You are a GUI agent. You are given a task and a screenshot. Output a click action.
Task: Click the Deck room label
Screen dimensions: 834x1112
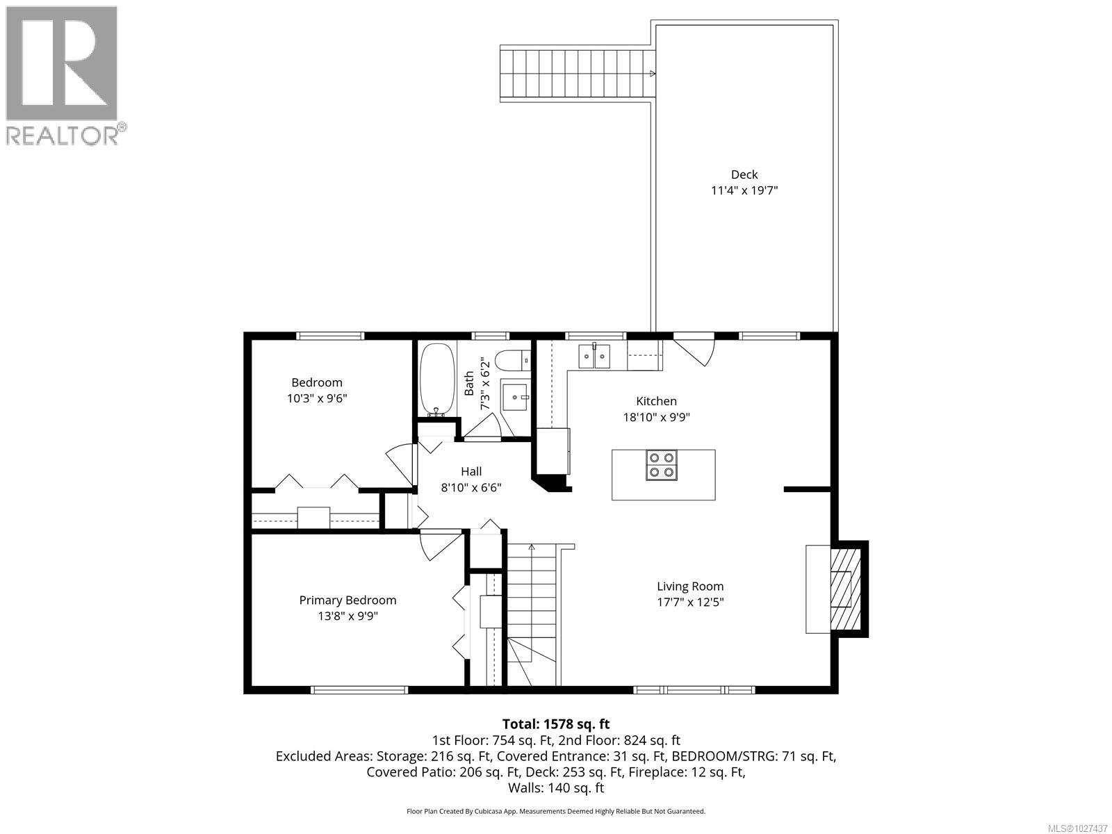[744, 174]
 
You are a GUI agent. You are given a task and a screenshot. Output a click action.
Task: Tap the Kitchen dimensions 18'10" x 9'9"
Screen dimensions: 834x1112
[656, 417]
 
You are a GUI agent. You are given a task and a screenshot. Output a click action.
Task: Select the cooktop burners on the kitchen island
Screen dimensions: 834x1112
[662, 465]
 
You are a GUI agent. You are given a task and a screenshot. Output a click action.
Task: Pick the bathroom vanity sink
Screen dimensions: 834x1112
[516, 397]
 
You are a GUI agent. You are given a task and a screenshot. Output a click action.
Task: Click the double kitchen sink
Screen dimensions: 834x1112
[595, 357]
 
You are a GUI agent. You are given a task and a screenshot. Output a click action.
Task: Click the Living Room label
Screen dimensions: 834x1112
[690, 586]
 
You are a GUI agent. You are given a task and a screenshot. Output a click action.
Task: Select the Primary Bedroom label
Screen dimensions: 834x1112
[347, 600]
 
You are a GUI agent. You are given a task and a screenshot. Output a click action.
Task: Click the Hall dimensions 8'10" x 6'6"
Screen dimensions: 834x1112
[471, 487]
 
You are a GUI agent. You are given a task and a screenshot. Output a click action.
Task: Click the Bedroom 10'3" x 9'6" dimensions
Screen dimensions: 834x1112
[317, 398]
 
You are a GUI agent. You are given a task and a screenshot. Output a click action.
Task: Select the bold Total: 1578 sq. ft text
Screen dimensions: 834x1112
[555, 723]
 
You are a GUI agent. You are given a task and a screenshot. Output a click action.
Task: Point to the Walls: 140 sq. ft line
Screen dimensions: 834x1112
[555, 787]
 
